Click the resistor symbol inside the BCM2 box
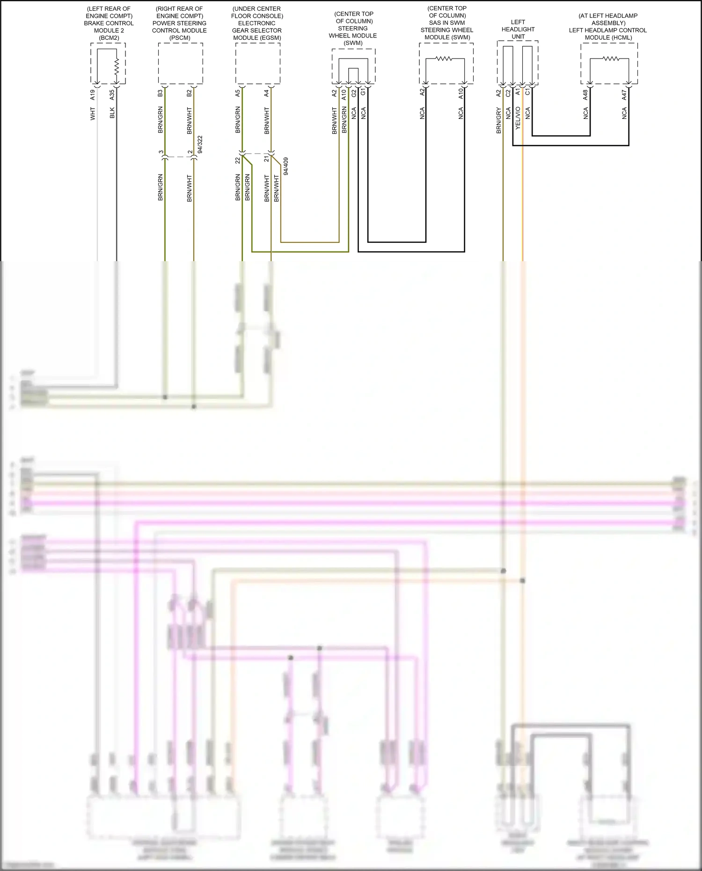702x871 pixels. (x=117, y=66)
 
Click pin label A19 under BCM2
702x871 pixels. (x=93, y=95)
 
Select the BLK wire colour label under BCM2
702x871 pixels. (x=112, y=113)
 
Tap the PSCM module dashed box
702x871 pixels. (x=180, y=63)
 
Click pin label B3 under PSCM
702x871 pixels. (x=160, y=94)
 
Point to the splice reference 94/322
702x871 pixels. (x=200, y=145)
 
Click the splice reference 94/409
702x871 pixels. (x=286, y=166)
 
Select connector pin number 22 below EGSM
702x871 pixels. (x=237, y=160)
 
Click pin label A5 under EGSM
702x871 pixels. (x=237, y=94)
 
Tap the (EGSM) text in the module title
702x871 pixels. (x=257, y=37)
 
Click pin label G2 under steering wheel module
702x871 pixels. (x=354, y=93)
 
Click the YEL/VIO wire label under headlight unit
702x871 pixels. (x=518, y=118)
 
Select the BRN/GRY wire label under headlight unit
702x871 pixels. (x=498, y=120)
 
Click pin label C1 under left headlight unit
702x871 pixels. (x=527, y=92)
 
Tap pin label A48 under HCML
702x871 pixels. (x=585, y=95)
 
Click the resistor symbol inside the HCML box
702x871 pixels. (x=610, y=59)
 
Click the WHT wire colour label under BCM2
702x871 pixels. (x=93, y=114)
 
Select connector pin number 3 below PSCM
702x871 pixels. (x=161, y=152)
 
